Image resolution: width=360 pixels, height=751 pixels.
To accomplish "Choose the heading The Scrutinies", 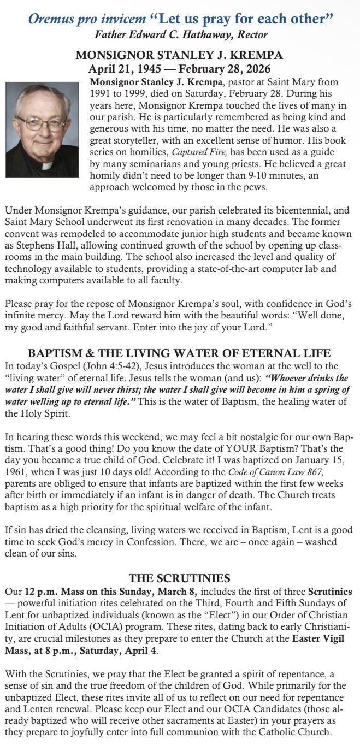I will [180, 578].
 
